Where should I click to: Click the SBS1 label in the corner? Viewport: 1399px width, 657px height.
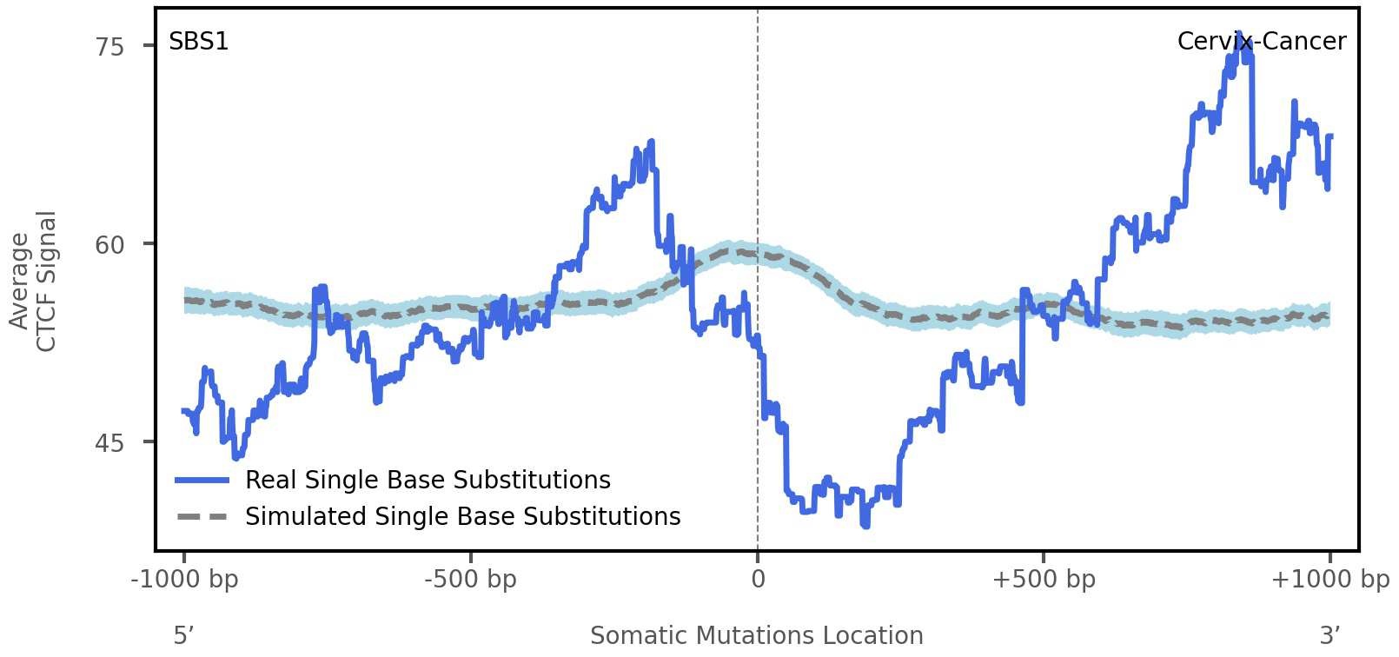[x=198, y=42]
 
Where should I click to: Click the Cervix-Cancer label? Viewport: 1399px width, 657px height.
[x=1261, y=42]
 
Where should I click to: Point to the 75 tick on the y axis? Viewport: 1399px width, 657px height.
[x=110, y=47]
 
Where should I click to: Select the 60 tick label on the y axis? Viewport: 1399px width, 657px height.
[x=110, y=245]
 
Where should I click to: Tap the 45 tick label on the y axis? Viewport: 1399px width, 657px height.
[x=110, y=443]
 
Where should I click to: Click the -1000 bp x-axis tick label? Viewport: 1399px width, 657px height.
[x=184, y=580]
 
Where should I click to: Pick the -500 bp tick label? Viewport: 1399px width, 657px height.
[x=470, y=580]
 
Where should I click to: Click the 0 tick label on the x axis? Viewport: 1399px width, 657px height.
[x=758, y=580]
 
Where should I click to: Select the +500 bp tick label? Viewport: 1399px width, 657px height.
[x=1043, y=580]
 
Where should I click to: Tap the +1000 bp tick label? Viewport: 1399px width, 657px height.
[x=1329, y=580]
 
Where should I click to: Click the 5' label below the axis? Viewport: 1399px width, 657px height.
[x=183, y=636]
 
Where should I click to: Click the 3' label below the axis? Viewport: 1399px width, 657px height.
[x=1329, y=636]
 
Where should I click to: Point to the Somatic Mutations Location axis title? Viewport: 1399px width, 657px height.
[x=756, y=636]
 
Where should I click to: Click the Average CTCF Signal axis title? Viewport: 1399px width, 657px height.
[x=33, y=281]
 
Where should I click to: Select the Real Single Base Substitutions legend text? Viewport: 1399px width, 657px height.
[x=428, y=480]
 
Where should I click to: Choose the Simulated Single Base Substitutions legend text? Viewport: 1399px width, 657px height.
[x=462, y=516]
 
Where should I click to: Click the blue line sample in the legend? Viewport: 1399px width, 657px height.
[x=202, y=480]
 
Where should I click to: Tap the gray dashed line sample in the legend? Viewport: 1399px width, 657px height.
[x=202, y=516]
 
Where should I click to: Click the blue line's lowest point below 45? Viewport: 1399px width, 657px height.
[x=865, y=525]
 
